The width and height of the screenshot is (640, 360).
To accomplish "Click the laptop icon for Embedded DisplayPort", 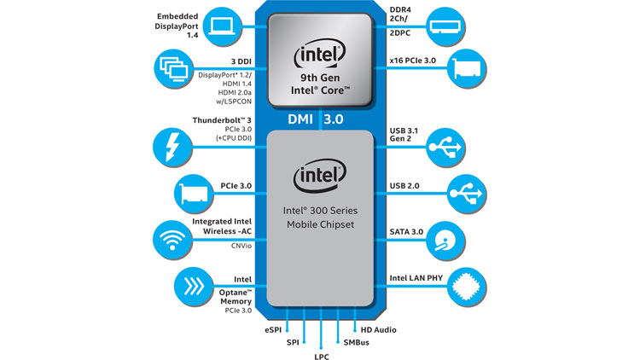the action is pos(222,26).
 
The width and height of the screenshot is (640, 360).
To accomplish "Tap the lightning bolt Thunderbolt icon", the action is pos(172,147).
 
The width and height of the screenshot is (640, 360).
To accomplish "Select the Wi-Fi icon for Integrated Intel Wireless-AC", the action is pos(172,240).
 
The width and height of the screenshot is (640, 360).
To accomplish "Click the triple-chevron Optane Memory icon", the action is pos(194,287).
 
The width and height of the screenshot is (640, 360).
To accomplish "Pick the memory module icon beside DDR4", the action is pos(445,26).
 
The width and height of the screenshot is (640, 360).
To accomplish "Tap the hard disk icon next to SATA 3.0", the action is pos(445,241).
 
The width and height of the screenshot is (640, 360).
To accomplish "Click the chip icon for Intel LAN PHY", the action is pos(467,287).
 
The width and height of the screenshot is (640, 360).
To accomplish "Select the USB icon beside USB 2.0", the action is pos(467,194).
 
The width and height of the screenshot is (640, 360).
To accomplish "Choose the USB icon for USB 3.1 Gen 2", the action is pos(445,147).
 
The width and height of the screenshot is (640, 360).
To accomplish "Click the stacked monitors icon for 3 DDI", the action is pos(173,68).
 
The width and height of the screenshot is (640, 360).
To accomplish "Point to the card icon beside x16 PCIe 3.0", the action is pos(467,68).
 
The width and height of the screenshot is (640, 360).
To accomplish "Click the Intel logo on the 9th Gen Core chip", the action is pos(320,54).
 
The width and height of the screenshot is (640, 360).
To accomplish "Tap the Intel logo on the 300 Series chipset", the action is pos(320,175).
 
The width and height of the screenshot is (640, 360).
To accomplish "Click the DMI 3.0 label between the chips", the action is pos(316,119).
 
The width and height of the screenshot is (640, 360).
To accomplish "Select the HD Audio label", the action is pos(378,330).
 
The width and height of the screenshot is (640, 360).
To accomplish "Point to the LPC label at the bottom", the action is pos(322,357).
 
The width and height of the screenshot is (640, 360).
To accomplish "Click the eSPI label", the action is pos(273,330).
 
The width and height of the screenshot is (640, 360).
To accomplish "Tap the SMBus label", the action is pos(357,342).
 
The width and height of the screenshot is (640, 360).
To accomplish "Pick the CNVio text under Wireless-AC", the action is pos(241,246).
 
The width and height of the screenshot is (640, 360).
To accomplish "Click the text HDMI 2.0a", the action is pos(235,93).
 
